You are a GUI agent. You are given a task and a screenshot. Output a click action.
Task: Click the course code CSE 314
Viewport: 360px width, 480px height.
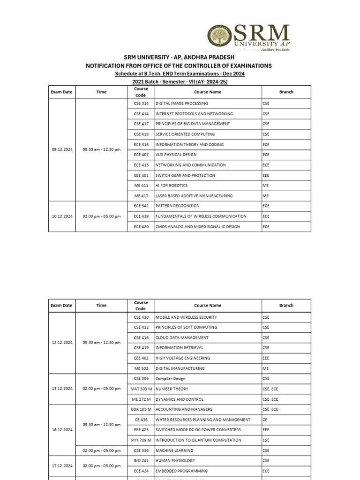[x=141, y=104]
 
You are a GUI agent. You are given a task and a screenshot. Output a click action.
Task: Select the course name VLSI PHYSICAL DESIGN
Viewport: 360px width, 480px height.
[x=176, y=155]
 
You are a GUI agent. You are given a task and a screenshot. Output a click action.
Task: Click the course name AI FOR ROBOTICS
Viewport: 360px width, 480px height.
[x=172, y=186]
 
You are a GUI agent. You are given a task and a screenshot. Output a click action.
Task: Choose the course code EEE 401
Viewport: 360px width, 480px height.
[x=141, y=175]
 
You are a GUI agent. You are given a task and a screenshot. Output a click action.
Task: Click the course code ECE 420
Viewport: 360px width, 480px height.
[x=141, y=227]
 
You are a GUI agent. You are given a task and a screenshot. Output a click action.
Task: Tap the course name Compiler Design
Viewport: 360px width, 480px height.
[x=172, y=379]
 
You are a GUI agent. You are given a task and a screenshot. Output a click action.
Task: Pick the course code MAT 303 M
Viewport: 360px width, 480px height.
[x=141, y=389]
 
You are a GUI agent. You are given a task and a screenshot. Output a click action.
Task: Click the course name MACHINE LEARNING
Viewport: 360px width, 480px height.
[x=175, y=450]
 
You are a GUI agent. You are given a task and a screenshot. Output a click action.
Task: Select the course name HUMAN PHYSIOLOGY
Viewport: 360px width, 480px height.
[x=175, y=461]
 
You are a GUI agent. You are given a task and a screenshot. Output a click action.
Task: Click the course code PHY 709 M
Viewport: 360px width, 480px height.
[x=141, y=440]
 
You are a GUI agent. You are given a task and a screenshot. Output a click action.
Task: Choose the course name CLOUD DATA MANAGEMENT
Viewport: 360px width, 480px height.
[x=182, y=338]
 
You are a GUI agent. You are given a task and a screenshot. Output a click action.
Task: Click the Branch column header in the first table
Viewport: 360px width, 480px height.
[x=286, y=92]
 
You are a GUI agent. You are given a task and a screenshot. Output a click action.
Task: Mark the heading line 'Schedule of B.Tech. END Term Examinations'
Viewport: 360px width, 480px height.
[x=180, y=74]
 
